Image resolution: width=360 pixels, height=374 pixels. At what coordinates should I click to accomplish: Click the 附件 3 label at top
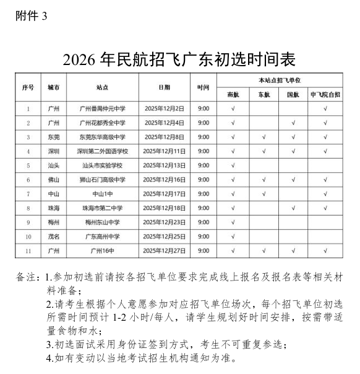(x=30, y=16)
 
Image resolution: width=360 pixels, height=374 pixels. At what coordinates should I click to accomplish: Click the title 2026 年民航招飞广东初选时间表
(x=179, y=59)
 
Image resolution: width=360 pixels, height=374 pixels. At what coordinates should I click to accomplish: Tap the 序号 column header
(x=28, y=87)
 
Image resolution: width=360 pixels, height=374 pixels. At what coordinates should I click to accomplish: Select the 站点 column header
(x=103, y=87)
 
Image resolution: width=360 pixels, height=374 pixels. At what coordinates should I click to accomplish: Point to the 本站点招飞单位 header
(x=279, y=80)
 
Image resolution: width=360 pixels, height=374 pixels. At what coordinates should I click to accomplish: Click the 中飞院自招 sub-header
(x=325, y=95)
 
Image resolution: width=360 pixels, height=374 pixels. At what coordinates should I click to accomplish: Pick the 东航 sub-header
(x=263, y=95)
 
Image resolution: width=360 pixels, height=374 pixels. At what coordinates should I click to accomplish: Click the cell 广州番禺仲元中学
(x=103, y=108)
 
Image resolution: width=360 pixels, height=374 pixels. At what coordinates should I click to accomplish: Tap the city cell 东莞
(x=54, y=137)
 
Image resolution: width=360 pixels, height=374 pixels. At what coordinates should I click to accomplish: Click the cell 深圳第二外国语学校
(x=103, y=151)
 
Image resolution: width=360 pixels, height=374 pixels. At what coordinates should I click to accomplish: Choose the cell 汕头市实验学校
(x=103, y=165)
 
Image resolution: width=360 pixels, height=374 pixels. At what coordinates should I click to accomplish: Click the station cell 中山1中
(x=103, y=194)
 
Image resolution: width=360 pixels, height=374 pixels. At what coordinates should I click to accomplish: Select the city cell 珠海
(x=54, y=208)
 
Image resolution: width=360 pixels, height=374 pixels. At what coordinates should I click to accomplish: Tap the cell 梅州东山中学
(x=103, y=222)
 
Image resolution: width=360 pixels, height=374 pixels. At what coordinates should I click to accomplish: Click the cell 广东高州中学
(x=103, y=237)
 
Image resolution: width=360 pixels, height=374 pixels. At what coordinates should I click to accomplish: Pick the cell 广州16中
(x=103, y=251)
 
